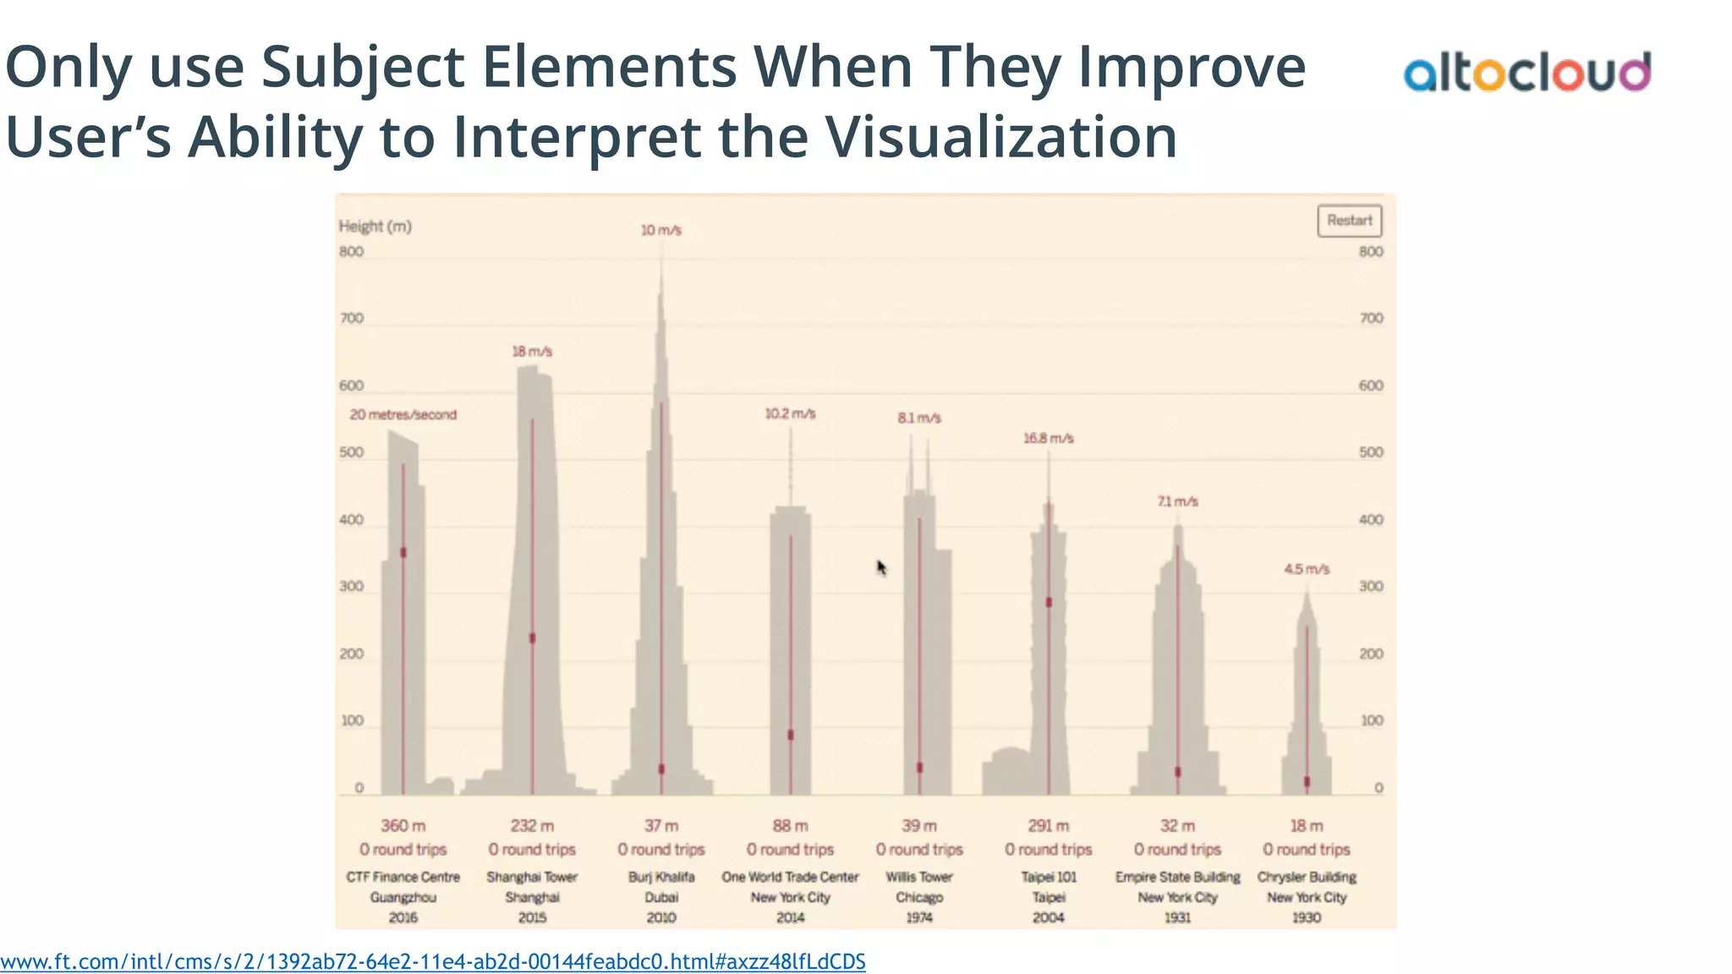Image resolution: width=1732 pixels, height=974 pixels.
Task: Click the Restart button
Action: (x=1349, y=221)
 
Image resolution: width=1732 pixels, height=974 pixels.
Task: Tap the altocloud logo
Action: (x=1526, y=73)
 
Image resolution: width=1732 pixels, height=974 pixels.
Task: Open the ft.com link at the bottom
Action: (x=432, y=961)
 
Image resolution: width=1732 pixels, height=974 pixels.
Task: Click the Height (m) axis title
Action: (x=375, y=227)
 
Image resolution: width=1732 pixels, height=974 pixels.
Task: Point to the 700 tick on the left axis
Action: (x=351, y=319)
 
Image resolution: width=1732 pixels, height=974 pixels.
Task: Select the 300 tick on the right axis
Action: (x=1371, y=587)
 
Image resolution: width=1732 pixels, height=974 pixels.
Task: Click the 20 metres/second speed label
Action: (x=403, y=415)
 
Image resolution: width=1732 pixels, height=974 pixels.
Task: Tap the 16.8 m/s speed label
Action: (x=1048, y=438)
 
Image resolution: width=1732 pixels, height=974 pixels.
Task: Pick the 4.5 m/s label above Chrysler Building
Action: (x=1306, y=569)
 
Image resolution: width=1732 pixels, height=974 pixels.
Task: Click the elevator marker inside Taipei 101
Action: (x=1049, y=602)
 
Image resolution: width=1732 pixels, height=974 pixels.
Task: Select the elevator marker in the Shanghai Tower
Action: (x=532, y=637)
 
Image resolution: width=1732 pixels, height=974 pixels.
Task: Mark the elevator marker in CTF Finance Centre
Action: (x=403, y=552)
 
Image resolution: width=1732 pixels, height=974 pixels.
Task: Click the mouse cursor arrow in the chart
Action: (x=881, y=567)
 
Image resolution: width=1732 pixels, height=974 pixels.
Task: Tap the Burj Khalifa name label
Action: (x=661, y=878)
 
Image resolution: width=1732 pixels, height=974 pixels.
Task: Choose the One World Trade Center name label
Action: (x=790, y=878)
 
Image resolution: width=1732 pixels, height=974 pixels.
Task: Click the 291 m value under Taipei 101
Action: (x=1048, y=826)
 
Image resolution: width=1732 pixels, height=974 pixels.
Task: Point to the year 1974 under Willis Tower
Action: (x=919, y=917)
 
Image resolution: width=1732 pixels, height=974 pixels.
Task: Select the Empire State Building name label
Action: (x=1177, y=878)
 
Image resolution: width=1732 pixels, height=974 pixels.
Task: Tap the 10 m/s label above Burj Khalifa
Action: (x=660, y=230)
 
